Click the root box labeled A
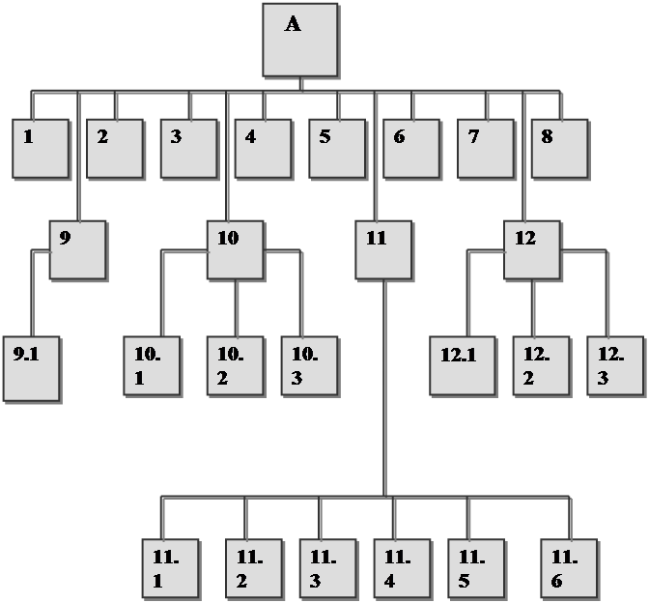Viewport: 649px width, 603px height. click(300, 40)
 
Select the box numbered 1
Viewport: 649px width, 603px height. click(41, 148)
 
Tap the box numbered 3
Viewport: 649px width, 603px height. click(188, 148)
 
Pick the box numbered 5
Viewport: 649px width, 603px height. click(337, 148)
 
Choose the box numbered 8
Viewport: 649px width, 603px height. click(559, 148)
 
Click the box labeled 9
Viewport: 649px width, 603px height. click(77, 249)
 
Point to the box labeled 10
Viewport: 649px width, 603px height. click(235, 249)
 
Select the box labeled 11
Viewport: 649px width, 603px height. click(383, 249)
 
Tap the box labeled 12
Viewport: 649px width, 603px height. click(532, 249)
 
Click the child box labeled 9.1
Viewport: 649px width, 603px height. click(31, 366)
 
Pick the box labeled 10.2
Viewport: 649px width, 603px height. click(235, 365)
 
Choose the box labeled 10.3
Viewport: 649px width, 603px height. click(309, 365)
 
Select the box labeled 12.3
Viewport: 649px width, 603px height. click(615, 365)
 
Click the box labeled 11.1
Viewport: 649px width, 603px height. click(170, 567)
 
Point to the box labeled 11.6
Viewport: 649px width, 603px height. click(569, 567)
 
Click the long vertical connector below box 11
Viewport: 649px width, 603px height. click(383, 387)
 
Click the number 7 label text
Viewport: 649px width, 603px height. click(473, 136)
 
